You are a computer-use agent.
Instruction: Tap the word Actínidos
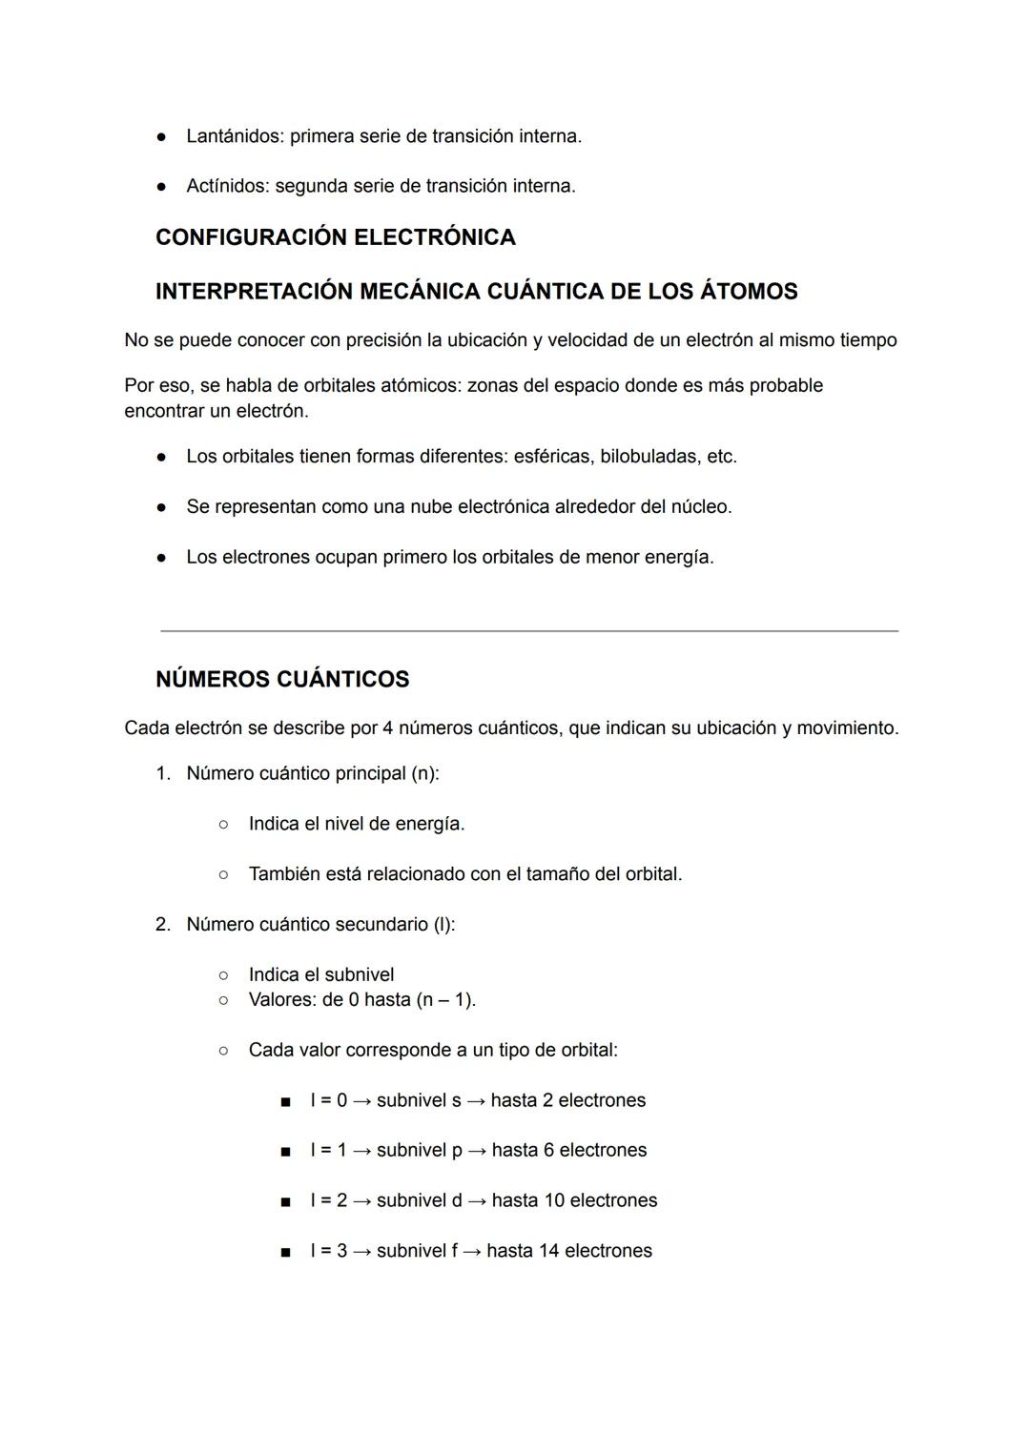click(x=227, y=186)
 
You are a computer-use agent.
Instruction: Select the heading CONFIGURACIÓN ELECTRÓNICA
click(x=336, y=237)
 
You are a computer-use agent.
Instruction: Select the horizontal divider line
click(x=529, y=630)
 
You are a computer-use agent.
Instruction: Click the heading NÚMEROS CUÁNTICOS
click(x=282, y=680)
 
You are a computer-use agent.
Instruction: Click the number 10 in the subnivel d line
click(x=554, y=1200)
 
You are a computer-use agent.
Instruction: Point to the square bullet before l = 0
click(x=285, y=1102)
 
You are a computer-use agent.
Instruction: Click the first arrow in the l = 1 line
click(x=361, y=1151)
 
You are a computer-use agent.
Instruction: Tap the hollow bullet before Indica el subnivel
click(x=223, y=975)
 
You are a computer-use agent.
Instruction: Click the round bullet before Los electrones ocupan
click(x=162, y=558)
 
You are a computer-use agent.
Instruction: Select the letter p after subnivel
click(x=457, y=1152)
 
